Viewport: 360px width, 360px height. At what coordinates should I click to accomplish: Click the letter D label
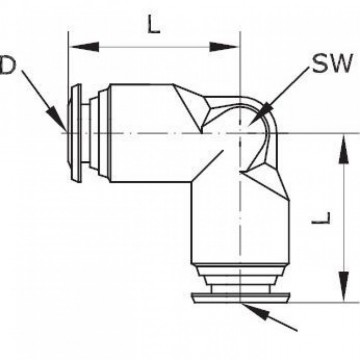(6, 66)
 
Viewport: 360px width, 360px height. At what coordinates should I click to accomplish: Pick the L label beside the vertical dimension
(341, 215)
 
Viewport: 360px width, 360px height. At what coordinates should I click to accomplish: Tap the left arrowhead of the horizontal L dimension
(75, 45)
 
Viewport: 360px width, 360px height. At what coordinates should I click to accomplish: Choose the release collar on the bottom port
(240, 296)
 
